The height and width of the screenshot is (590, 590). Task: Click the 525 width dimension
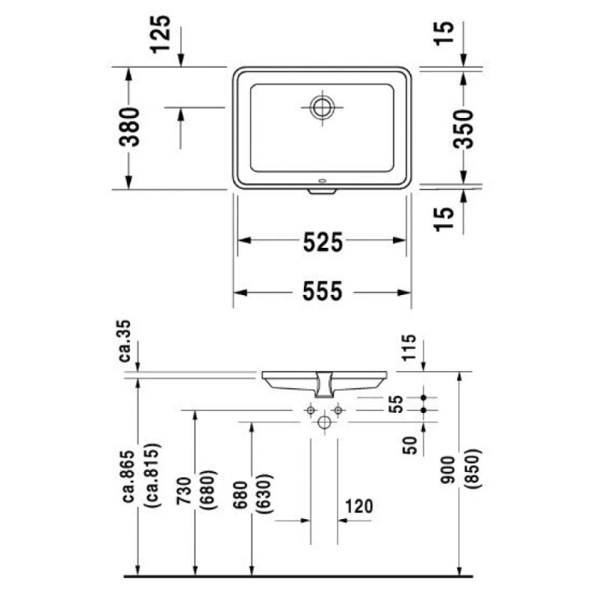(x=323, y=242)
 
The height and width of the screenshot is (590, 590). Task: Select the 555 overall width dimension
(x=322, y=291)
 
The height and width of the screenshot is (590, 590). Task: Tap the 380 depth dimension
(x=130, y=127)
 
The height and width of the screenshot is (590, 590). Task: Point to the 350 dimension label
(x=463, y=128)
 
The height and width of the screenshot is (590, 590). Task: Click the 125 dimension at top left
(x=161, y=34)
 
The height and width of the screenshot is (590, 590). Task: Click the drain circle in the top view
(x=322, y=107)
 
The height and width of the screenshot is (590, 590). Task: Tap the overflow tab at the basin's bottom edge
(x=322, y=192)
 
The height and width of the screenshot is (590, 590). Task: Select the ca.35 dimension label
(x=125, y=341)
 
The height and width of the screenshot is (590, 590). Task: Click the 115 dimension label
(x=410, y=347)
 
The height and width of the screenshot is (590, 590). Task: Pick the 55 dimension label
(x=396, y=403)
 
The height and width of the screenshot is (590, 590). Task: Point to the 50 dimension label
(x=411, y=445)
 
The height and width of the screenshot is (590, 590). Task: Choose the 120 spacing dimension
(x=358, y=506)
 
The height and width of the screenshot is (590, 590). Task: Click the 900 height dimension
(x=448, y=470)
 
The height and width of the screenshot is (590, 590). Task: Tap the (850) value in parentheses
(x=474, y=469)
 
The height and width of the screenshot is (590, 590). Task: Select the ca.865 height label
(x=128, y=476)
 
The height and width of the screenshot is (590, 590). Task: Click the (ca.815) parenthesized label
(x=153, y=476)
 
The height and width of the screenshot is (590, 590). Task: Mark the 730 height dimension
(x=184, y=490)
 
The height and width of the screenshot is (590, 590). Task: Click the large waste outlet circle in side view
(x=324, y=422)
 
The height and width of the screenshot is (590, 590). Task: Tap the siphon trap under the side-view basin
(x=324, y=384)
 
